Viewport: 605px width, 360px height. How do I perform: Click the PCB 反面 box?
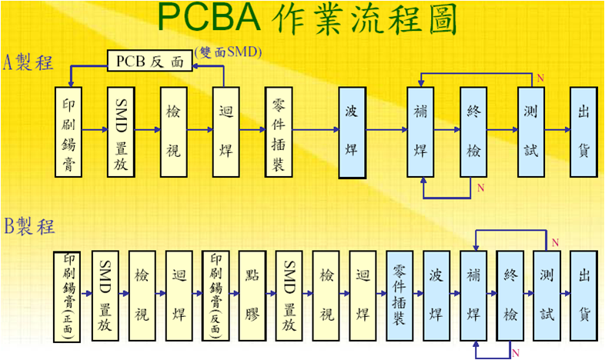point(149,61)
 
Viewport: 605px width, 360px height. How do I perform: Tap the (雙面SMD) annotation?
point(228,52)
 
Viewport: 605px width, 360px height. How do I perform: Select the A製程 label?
point(28,62)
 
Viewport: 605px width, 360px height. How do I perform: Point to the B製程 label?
point(29,226)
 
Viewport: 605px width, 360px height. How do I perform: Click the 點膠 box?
point(252,295)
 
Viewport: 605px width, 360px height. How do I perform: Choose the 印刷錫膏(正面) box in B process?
point(67,297)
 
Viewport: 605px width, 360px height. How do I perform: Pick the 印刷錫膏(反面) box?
point(216,295)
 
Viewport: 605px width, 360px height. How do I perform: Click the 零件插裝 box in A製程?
point(279,132)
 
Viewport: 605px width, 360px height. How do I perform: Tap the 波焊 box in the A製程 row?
point(353,132)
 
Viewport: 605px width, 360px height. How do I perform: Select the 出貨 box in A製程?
point(583,132)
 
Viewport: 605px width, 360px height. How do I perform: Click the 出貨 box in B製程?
point(583,295)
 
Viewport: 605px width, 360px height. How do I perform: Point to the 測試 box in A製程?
point(531,132)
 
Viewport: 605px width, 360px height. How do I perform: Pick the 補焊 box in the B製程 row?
point(473,295)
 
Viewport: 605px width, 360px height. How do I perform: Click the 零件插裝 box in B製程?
point(399,295)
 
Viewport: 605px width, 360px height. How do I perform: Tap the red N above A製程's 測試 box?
point(540,78)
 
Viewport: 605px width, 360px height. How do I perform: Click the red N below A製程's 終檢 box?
point(480,188)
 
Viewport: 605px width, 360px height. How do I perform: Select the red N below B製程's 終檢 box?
point(516,352)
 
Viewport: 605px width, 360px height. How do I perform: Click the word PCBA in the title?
point(209,18)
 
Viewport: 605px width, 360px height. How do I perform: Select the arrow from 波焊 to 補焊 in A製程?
point(386,130)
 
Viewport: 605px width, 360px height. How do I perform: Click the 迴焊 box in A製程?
point(226,132)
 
